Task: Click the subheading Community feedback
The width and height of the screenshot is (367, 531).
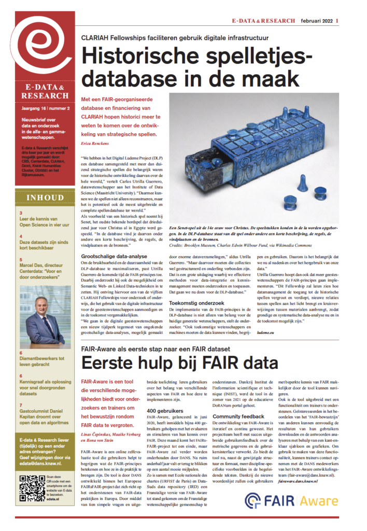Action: pos(238,416)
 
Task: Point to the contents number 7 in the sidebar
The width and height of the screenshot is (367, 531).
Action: pos(20,404)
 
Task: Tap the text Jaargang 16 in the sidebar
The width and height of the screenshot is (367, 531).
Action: pos(30,110)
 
